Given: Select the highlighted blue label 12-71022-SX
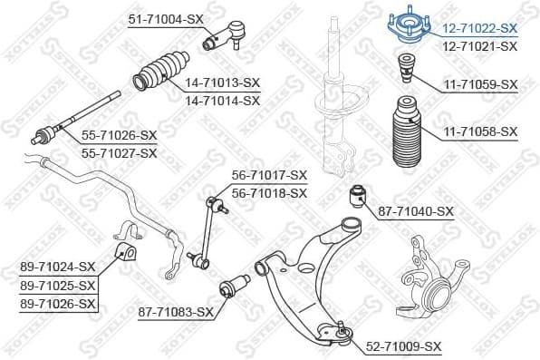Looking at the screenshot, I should [x=480, y=28].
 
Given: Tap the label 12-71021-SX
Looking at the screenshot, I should [x=480, y=45].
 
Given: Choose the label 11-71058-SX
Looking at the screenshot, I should [x=480, y=132].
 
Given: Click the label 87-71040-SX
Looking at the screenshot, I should [x=416, y=211].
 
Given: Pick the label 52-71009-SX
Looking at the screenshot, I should [x=404, y=346].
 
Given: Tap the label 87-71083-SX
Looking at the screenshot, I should [x=176, y=312].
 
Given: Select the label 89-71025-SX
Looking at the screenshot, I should [x=57, y=286].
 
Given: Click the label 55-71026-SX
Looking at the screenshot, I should [x=120, y=135].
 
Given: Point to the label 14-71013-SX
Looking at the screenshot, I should [x=222, y=83].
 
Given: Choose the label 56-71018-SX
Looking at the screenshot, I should [x=269, y=192].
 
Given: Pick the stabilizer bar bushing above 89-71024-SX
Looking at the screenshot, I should [x=124, y=249].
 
